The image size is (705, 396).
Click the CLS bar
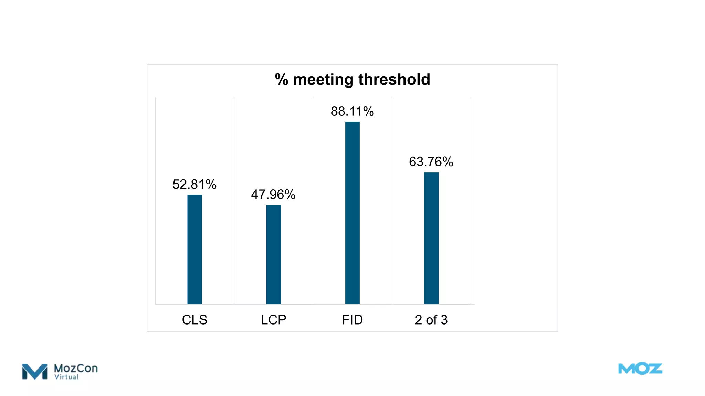pyautogui.click(x=194, y=249)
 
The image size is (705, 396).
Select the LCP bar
pyautogui.click(x=273, y=254)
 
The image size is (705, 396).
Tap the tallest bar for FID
pyautogui.click(x=352, y=213)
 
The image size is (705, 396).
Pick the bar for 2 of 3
pyautogui.click(x=431, y=238)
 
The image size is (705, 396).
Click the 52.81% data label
pyautogui.click(x=194, y=185)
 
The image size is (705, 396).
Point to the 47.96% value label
pyautogui.click(x=273, y=195)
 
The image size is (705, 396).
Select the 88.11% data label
pyautogui.click(x=352, y=111)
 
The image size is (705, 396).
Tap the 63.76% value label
pyautogui.click(x=431, y=162)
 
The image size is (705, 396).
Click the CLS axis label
pyautogui.click(x=194, y=320)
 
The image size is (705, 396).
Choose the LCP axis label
pyautogui.click(x=273, y=320)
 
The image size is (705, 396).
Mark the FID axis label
pyautogui.click(x=352, y=320)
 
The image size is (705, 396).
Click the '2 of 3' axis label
pyautogui.click(x=431, y=320)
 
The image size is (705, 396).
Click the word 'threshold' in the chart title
pyautogui.click(x=394, y=79)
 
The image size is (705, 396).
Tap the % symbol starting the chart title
pyautogui.click(x=281, y=80)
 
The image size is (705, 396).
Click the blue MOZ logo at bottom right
pyautogui.click(x=640, y=369)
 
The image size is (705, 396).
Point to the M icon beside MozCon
pyautogui.click(x=34, y=372)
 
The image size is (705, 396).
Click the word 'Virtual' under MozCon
pyautogui.click(x=66, y=377)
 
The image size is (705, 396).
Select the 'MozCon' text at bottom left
pyautogui.click(x=76, y=368)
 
